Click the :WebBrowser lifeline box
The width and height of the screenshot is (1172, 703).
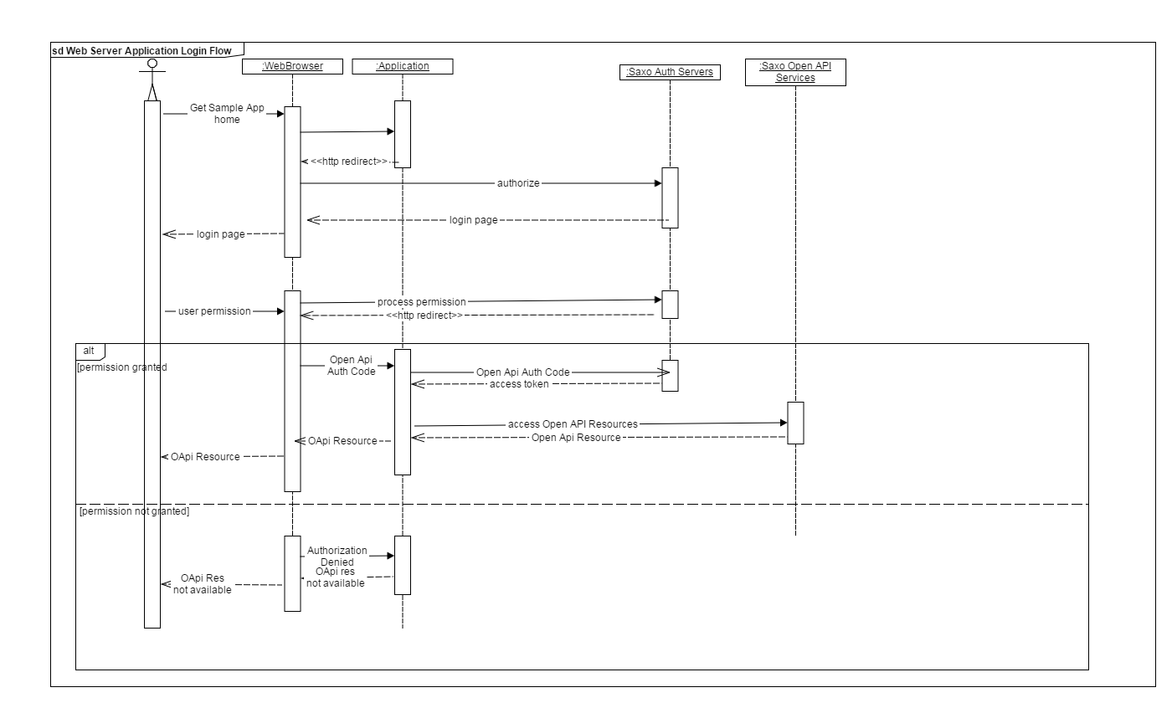point(293,66)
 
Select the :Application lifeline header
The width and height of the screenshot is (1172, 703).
point(403,66)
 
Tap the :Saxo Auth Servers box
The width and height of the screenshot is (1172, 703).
point(670,72)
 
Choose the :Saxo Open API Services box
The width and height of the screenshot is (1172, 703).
point(795,72)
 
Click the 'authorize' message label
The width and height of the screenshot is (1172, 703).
point(519,182)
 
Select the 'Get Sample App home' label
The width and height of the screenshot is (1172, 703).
point(226,114)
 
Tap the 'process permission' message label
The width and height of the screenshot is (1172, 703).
point(421,301)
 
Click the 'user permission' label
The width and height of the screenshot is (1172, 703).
point(214,311)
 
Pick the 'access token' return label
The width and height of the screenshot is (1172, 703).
point(519,384)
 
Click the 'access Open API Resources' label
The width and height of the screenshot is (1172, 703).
point(573,424)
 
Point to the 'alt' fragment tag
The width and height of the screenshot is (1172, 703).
point(90,350)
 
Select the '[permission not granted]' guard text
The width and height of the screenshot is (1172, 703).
point(134,511)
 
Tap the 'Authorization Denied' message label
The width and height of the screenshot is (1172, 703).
point(337,556)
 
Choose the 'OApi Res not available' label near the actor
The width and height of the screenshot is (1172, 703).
point(202,584)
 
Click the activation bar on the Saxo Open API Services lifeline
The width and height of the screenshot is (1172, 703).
point(795,423)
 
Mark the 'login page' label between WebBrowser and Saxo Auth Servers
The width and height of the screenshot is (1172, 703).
point(474,221)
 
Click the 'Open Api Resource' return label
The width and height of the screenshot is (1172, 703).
point(576,438)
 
